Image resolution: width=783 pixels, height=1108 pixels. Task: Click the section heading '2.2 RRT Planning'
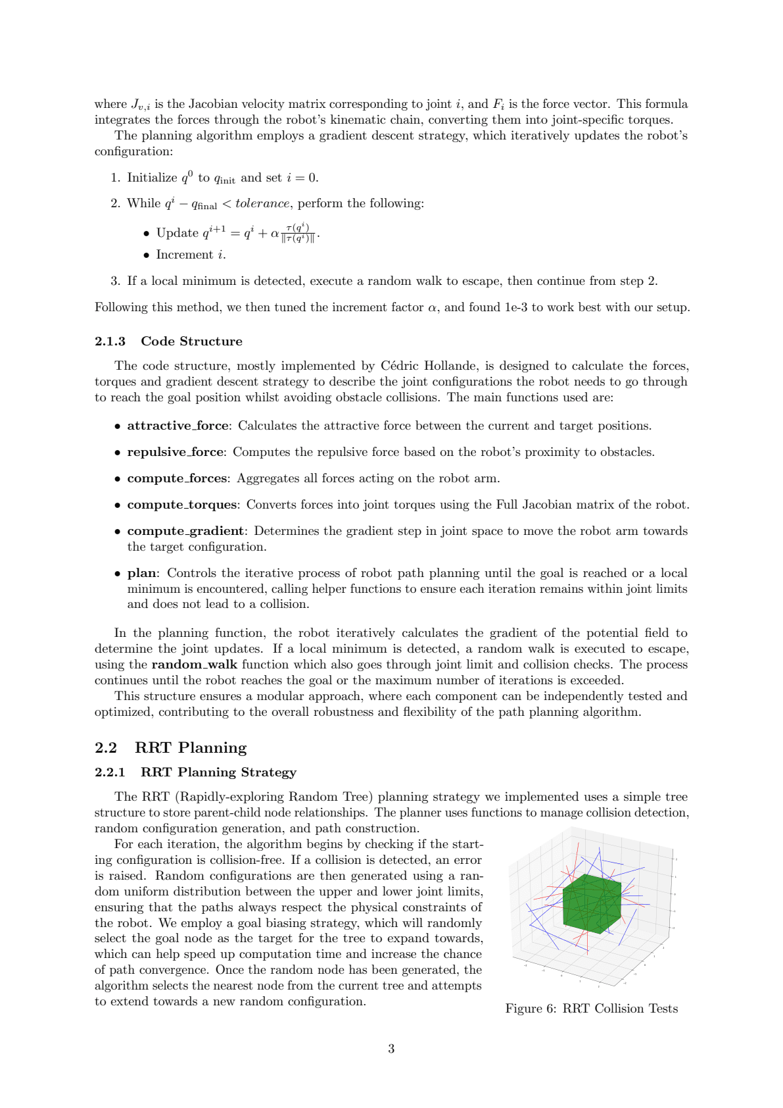point(171,747)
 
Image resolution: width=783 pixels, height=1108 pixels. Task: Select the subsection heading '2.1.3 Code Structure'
point(168,341)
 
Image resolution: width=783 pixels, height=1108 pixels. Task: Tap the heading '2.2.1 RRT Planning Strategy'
point(195,772)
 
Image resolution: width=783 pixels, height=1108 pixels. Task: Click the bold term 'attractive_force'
point(178,426)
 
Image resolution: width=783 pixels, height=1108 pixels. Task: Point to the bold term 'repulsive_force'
point(176,452)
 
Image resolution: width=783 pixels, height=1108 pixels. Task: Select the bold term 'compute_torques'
point(182,505)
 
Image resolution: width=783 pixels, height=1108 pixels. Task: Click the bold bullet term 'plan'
point(142,573)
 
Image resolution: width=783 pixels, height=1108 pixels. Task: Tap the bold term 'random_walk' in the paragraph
point(194,665)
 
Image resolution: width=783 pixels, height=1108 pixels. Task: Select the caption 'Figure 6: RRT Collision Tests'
point(591,1009)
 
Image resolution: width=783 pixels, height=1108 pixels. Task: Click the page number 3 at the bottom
point(391,1049)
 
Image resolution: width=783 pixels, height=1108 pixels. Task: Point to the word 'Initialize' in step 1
point(152,178)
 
